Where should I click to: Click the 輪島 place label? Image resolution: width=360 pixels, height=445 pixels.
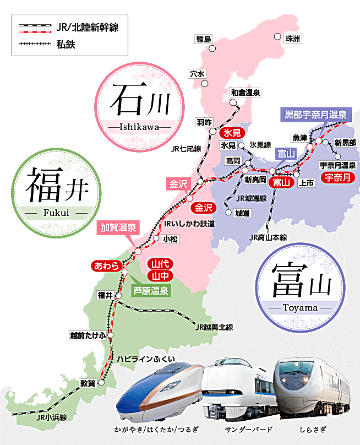(204, 40)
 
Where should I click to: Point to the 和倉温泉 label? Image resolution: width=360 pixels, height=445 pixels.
(246, 93)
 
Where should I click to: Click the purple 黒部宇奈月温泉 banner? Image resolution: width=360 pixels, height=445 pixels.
(315, 115)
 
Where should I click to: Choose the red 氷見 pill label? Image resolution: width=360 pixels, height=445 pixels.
(231, 133)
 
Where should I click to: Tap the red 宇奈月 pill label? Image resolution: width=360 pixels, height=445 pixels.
(336, 177)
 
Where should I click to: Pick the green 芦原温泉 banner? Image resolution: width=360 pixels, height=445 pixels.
(151, 290)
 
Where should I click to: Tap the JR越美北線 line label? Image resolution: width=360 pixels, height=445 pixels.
(214, 328)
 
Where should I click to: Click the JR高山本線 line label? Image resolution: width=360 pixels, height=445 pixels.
(268, 237)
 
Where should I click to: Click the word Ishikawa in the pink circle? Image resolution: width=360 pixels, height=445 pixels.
(138, 127)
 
